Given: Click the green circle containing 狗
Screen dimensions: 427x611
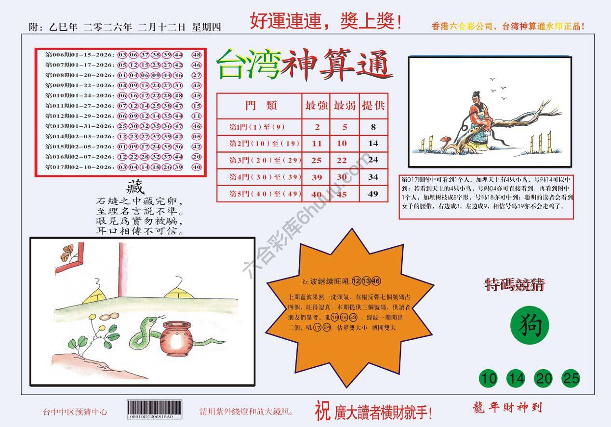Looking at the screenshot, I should [529, 327].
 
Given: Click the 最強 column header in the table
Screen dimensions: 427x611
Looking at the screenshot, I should [317, 106].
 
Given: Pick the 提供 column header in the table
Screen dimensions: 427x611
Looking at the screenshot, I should [373, 106].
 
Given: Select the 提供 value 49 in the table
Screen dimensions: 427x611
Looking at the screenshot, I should [373, 194].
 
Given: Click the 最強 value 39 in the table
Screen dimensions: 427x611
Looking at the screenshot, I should [317, 177].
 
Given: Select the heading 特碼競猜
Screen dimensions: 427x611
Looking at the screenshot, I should [515, 285].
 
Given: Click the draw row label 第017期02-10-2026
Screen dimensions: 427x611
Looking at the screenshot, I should [80, 167].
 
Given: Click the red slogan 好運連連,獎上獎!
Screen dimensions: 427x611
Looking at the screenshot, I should [326, 22].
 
